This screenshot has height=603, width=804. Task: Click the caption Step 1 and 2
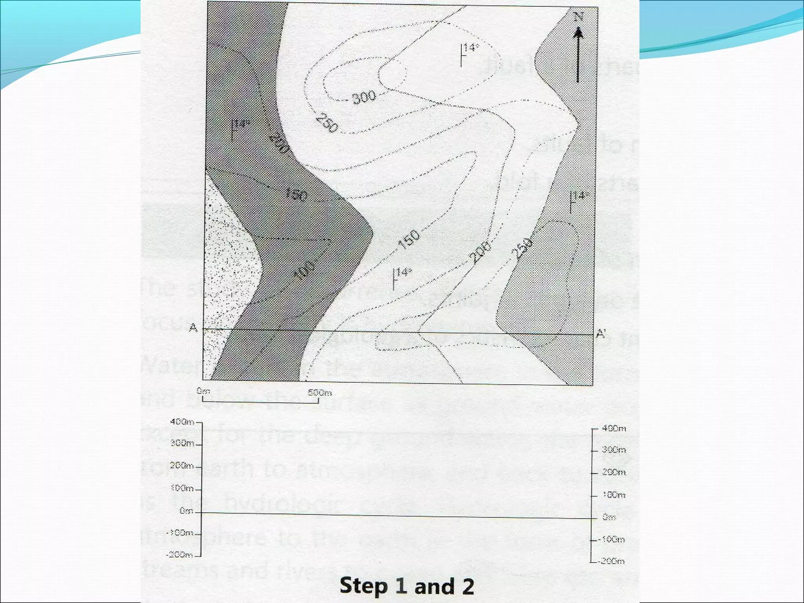[x=407, y=586]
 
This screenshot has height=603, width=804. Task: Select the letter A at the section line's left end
[x=193, y=327]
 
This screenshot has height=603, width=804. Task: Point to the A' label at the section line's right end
[x=601, y=334]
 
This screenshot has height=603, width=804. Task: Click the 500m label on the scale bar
[x=320, y=392]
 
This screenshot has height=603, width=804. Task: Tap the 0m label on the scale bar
[x=203, y=391]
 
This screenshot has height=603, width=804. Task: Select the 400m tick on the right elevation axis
[x=594, y=429]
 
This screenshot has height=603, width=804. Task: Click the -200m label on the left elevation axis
[x=179, y=555]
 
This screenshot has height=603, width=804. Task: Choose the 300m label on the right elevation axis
[x=614, y=450]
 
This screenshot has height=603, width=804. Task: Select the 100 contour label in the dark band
[x=305, y=270]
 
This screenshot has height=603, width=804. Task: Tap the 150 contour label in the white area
[x=409, y=239]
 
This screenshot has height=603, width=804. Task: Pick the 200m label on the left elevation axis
[x=182, y=466]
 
